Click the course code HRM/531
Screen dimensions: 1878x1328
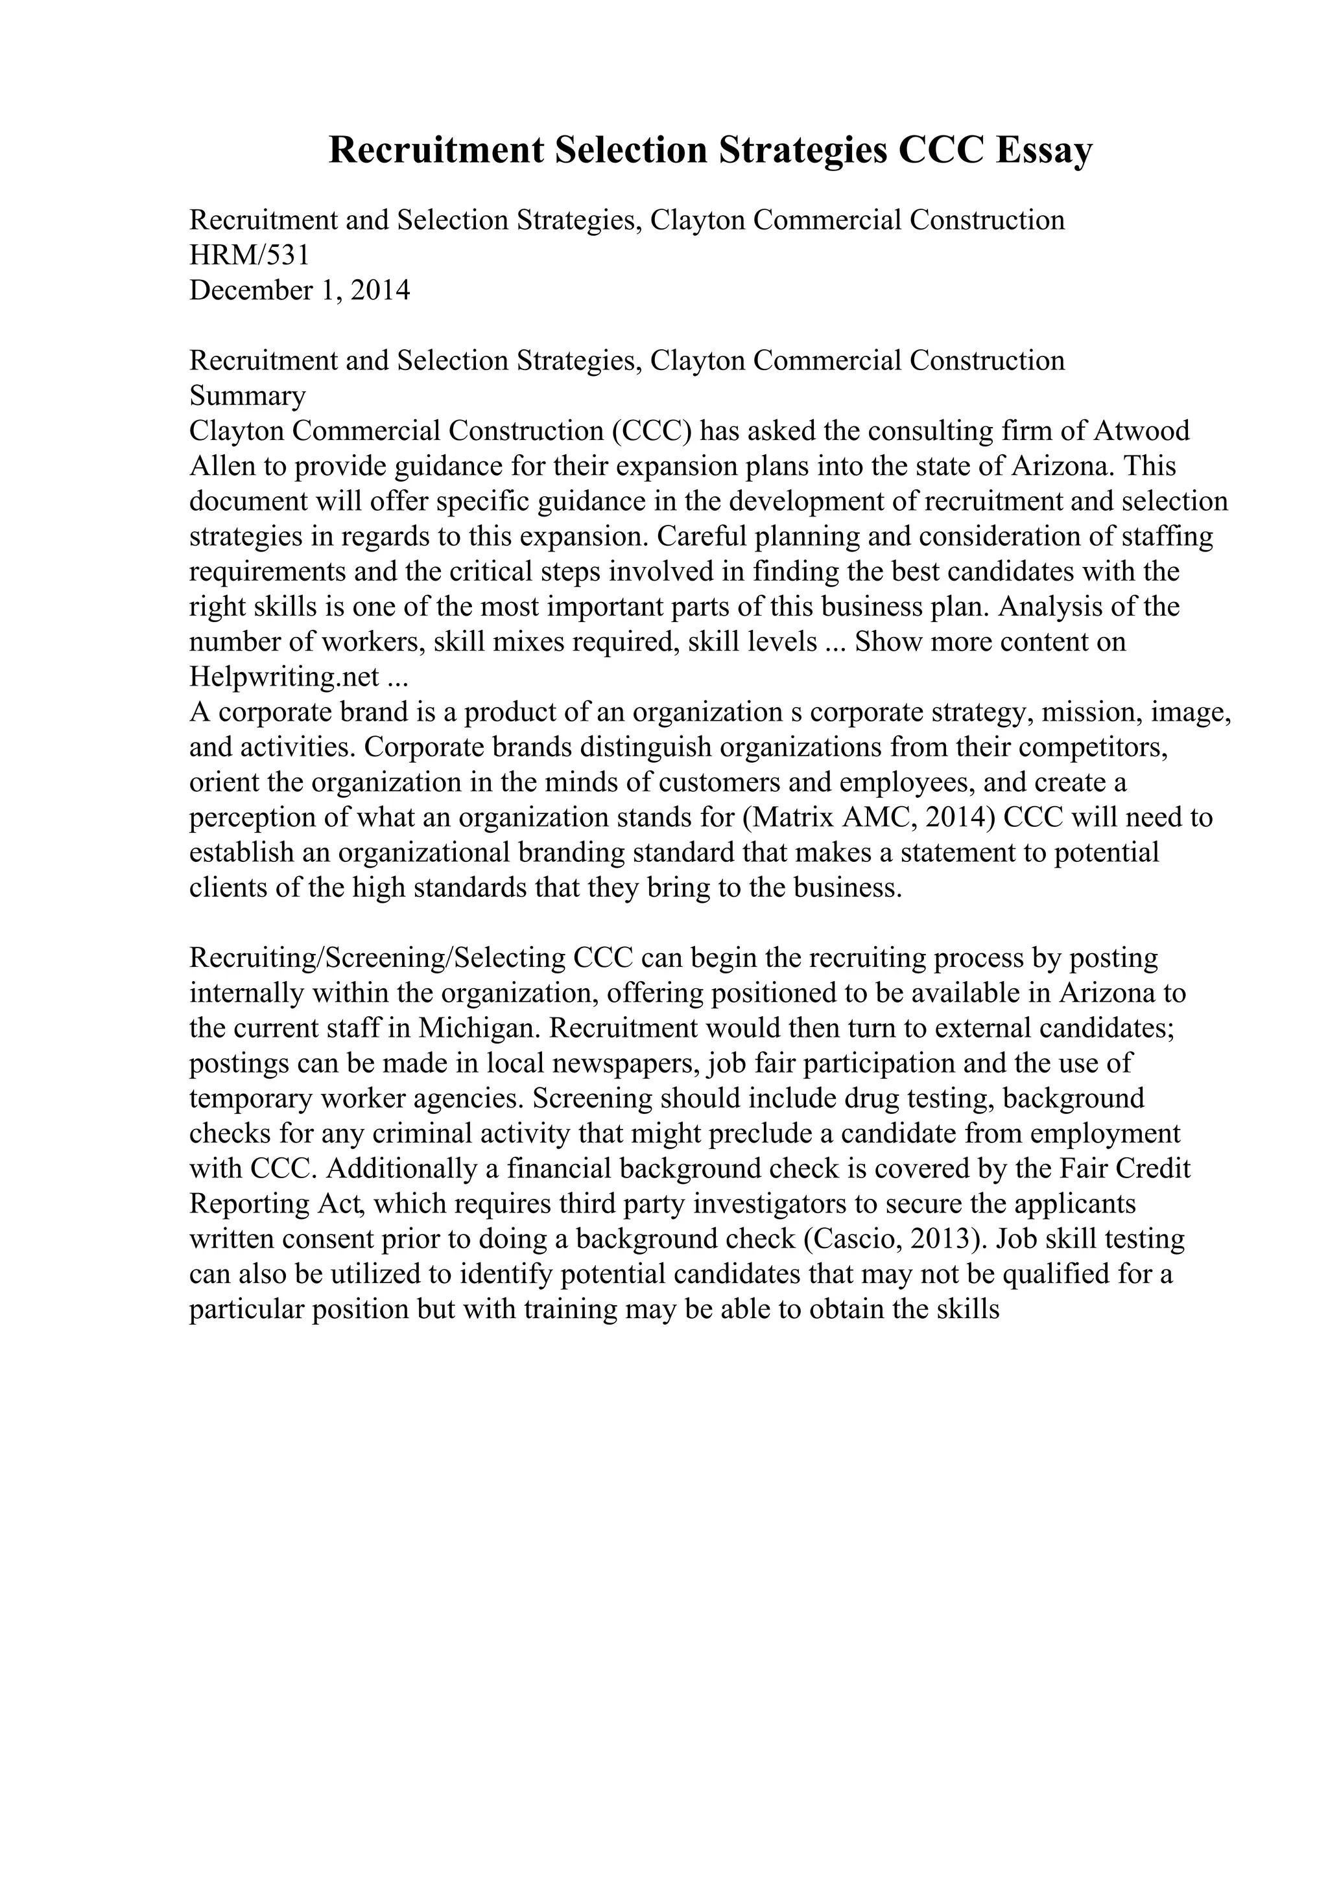[250, 256]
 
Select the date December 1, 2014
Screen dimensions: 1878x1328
[300, 291]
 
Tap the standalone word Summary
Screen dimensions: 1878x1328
[247, 397]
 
